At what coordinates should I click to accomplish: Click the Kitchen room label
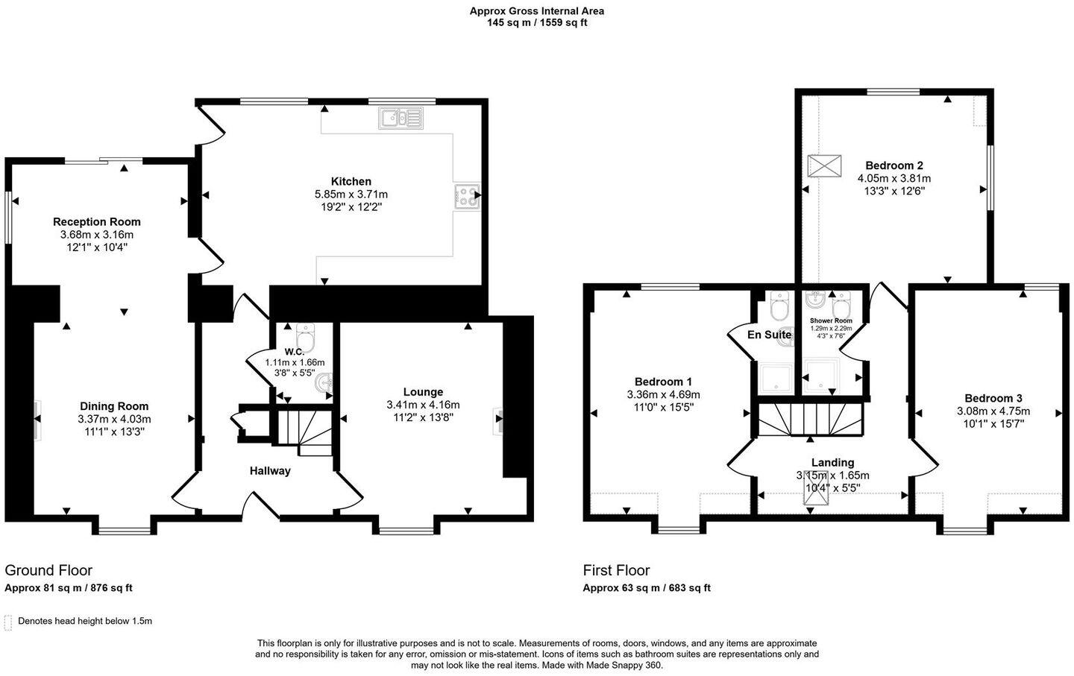click(x=351, y=181)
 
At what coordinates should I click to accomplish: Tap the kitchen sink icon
click(x=401, y=117)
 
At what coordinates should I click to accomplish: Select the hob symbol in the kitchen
click(x=467, y=195)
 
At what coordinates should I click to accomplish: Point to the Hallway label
click(x=270, y=471)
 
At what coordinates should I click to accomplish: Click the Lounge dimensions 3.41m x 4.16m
click(x=423, y=405)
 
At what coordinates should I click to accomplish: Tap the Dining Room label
click(x=114, y=406)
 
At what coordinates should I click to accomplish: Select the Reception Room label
click(x=97, y=221)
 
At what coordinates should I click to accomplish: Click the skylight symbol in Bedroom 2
click(x=825, y=166)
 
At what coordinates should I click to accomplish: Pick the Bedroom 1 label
click(x=663, y=381)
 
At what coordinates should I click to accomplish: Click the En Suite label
click(x=769, y=335)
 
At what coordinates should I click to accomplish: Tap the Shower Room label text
click(x=831, y=320)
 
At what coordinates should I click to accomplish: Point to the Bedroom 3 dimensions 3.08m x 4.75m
click(x=993, y=411)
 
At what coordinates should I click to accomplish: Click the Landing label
click(x=832, y=463)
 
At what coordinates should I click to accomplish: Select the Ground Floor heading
click(x=48, y=570)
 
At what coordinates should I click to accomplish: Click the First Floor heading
click(x=616, y=570)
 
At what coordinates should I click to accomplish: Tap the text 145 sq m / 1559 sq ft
click(x=536, y=22)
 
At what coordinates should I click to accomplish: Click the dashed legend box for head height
click(x=8, y=622)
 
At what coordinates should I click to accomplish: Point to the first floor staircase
click(x=811, y=419)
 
